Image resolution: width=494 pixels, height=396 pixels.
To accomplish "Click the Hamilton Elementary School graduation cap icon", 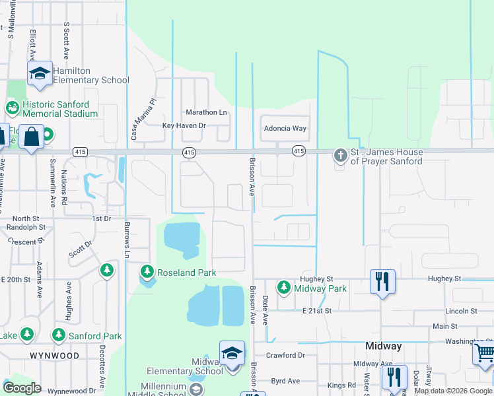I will pos(40,74).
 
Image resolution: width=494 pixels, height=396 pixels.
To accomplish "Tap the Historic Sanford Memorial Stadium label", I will pos(60,109).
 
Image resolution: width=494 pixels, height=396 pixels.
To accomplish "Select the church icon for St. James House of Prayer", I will pos(340,156).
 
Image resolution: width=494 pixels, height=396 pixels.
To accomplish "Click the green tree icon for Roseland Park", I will pos(147,271).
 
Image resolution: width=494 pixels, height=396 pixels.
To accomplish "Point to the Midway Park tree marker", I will pos(283,288).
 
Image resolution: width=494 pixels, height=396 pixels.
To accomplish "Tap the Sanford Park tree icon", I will pos(59,335).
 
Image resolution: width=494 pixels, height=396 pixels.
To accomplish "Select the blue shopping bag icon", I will pos(32,137).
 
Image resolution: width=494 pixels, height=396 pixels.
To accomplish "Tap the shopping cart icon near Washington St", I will pos(484,353).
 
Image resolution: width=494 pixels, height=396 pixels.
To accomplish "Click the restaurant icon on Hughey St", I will pos(382,281).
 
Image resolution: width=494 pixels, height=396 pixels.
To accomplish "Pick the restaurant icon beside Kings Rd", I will pos(394,378).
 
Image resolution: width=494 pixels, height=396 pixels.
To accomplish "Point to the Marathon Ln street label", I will pos(206,112).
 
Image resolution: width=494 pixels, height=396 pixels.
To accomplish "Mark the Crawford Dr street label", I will pos(286,355).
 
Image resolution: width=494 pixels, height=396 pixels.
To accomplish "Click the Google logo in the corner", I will pos(22,388).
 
